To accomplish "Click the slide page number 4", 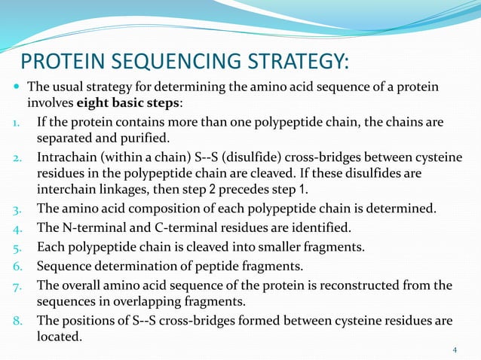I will click(455, 349).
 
